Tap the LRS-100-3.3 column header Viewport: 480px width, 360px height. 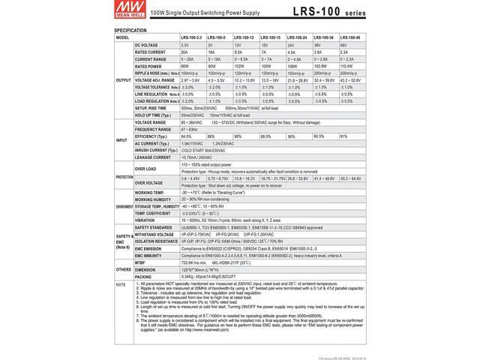[x=193, y=36]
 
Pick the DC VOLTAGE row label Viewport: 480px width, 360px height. [x=148, y=44]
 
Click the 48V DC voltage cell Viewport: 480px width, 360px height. [x=344, y=44]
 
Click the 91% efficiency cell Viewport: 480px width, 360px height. [x=344, y=136]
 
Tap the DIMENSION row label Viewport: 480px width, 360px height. [x=146, y=269]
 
